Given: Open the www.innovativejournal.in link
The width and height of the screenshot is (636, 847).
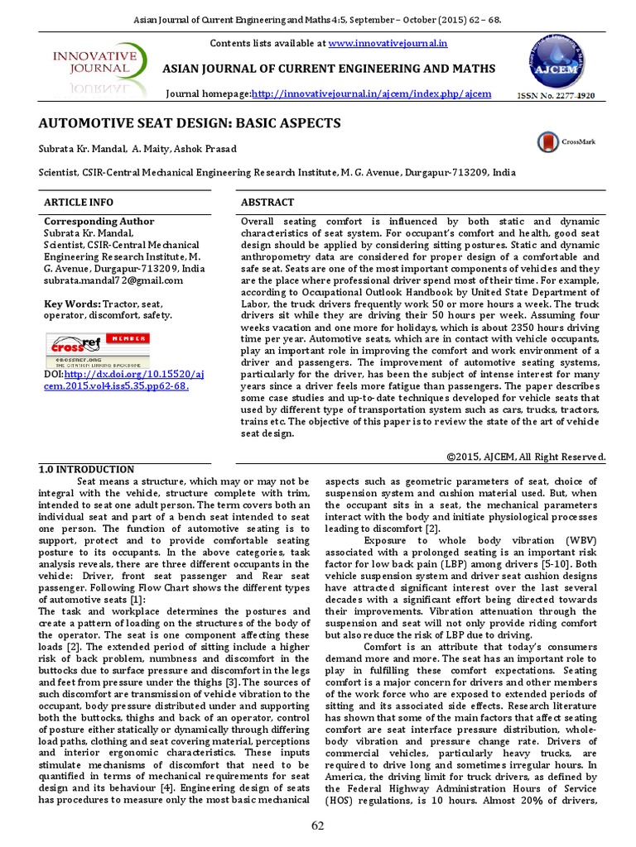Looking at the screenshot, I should (x=378, y=42).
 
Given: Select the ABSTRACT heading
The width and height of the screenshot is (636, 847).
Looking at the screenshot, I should (x=267, y=203).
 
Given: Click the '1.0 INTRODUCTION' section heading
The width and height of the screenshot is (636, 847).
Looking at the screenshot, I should (x=87, y=469).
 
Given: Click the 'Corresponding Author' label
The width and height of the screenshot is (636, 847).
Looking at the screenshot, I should (x=98, y=222).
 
